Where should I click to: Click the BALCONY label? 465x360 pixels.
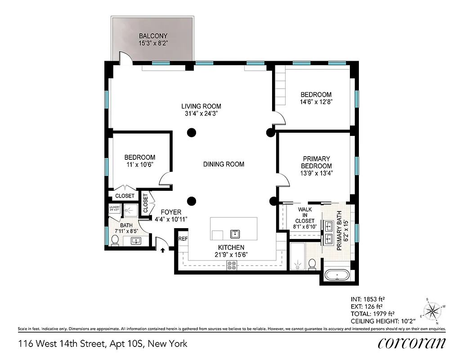coord(153,36)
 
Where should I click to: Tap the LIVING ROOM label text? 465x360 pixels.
coord(201,106)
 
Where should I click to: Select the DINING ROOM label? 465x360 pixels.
coord(224,164)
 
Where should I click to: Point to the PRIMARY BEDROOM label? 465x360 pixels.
coord(316,162)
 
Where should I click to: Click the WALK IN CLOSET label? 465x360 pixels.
coord(305,215)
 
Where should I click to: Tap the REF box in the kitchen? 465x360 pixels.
coord(183,239)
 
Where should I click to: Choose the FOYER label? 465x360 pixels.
coord(170,212)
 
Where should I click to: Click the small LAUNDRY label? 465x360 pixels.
coord(114,207)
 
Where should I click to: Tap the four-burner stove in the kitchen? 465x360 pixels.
coord(232,266)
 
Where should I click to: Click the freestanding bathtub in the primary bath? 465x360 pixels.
coord(337,275)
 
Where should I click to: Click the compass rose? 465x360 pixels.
coord(433,310)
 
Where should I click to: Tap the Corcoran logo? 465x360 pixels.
coord(411,343)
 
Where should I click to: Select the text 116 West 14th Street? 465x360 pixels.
coord(61,344)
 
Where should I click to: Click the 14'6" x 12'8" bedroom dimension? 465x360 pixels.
coord(316,102)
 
